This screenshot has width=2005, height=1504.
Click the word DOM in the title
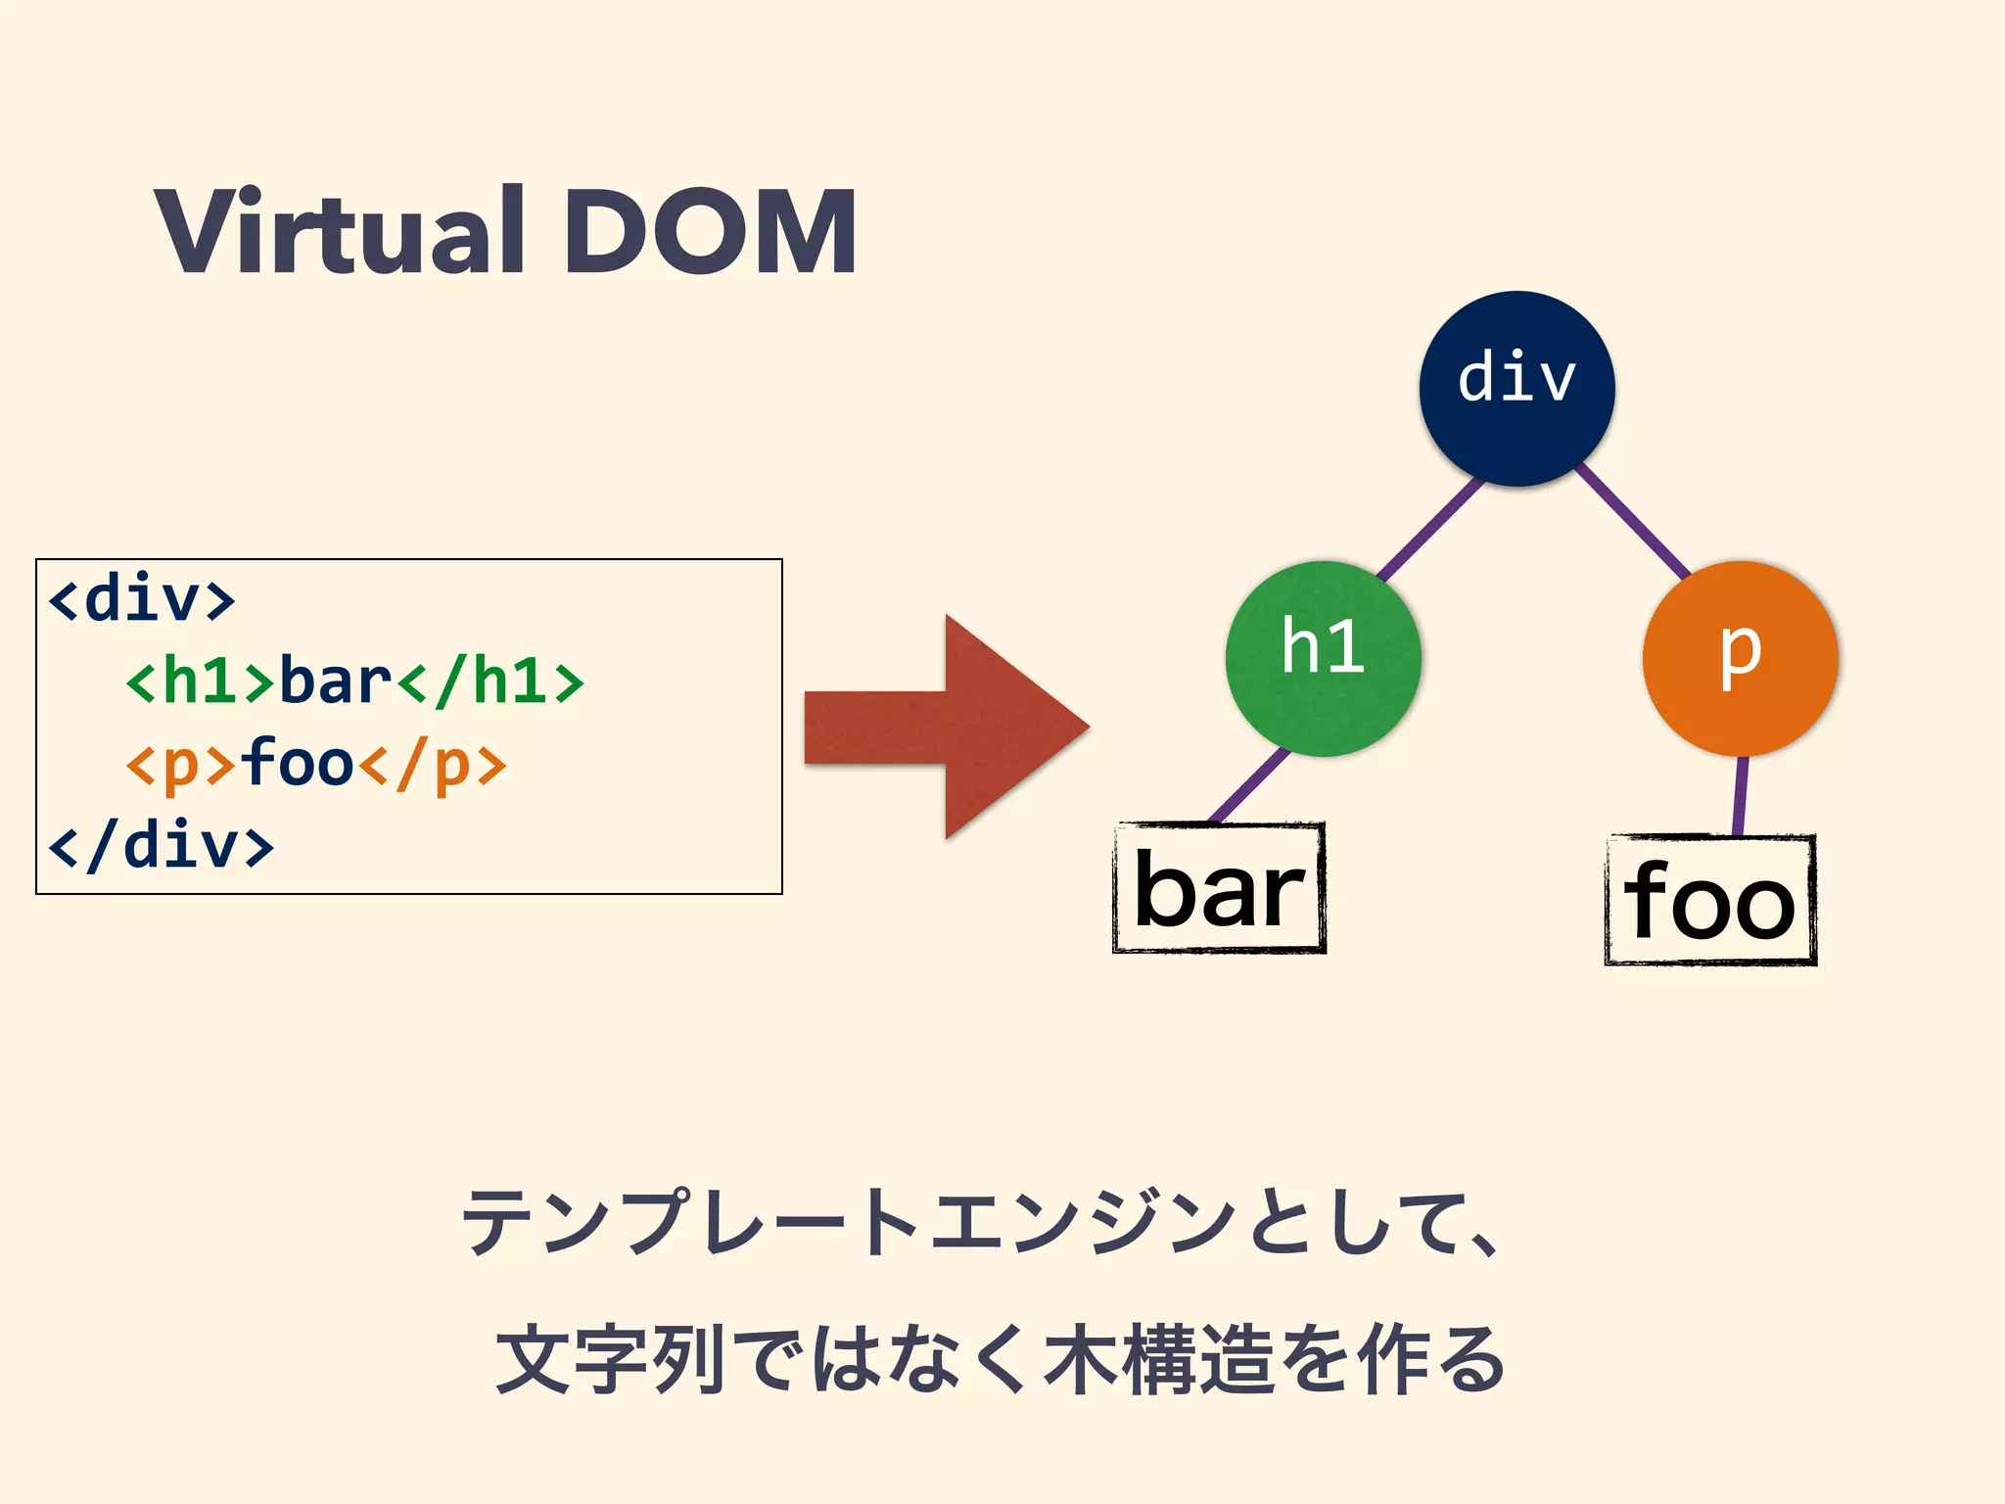710,233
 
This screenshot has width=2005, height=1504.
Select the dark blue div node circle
1516,388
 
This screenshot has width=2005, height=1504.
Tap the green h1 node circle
1323,658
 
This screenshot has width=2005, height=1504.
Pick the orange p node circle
1740,658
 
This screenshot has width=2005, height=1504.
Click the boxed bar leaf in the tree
1219,888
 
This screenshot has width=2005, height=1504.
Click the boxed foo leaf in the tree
1710,900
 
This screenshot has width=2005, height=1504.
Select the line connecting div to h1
1431,527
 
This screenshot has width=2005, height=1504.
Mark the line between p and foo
1741,796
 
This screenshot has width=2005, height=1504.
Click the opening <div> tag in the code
142,598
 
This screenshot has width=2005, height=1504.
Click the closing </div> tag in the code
162,846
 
